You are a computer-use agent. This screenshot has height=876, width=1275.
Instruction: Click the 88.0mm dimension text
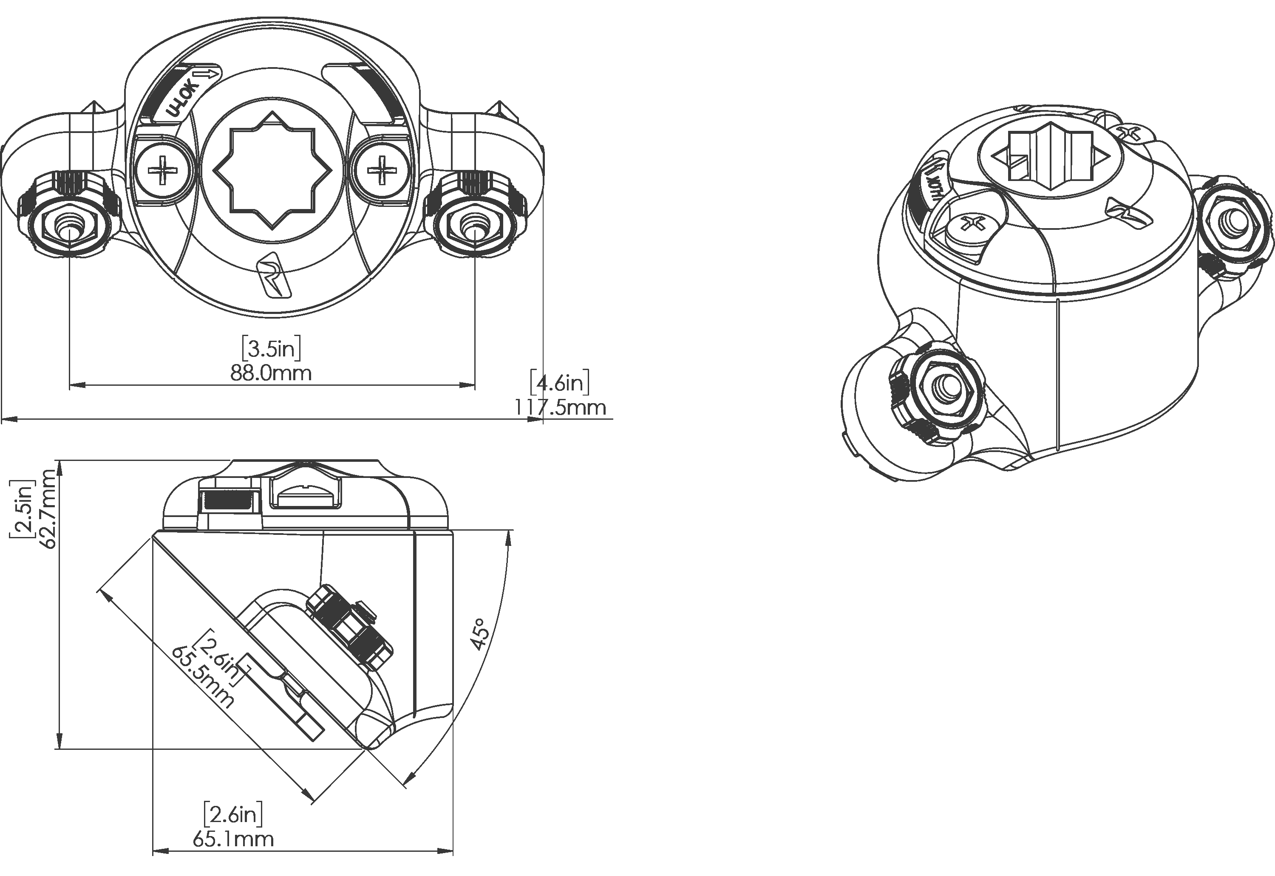(271, 373)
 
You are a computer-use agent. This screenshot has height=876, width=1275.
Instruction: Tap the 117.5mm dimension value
(560, 408)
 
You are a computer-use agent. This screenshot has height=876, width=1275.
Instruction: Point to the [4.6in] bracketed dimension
(560, 383)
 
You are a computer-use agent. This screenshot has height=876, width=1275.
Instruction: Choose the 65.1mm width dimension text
(233, 839)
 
